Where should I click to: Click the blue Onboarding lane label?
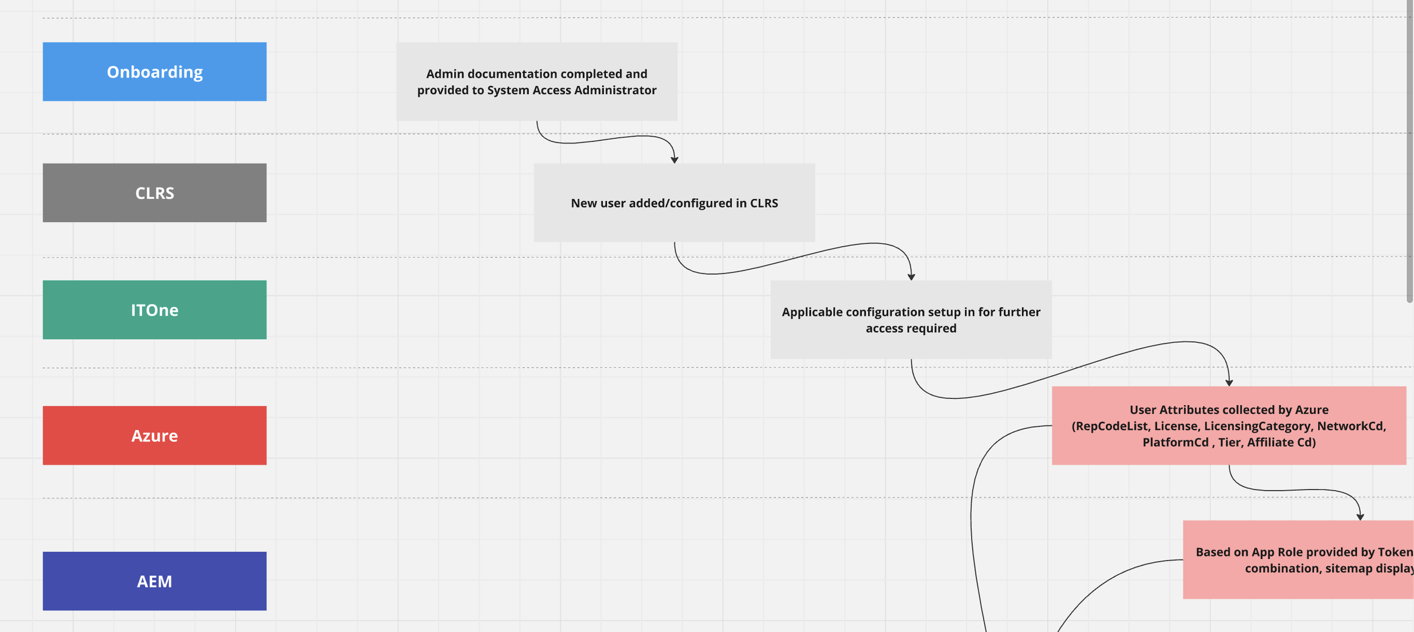point(154,72)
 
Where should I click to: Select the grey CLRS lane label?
point(154,193)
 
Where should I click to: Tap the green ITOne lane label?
point(154,310)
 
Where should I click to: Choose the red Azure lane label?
point(154,436)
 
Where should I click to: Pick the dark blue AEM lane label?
point(154,581)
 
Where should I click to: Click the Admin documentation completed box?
point(537,81)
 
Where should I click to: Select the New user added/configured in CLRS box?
point(674,203)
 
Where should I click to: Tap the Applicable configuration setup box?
point(911,320)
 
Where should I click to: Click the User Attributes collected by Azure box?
point(1229,425)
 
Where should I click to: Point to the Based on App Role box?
point(1299,560)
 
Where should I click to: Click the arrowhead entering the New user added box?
point(674,160)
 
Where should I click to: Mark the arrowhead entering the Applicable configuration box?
point(911,277)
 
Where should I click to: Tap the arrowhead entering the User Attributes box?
point(1229,383)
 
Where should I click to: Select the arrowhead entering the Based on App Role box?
point(1360,517)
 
